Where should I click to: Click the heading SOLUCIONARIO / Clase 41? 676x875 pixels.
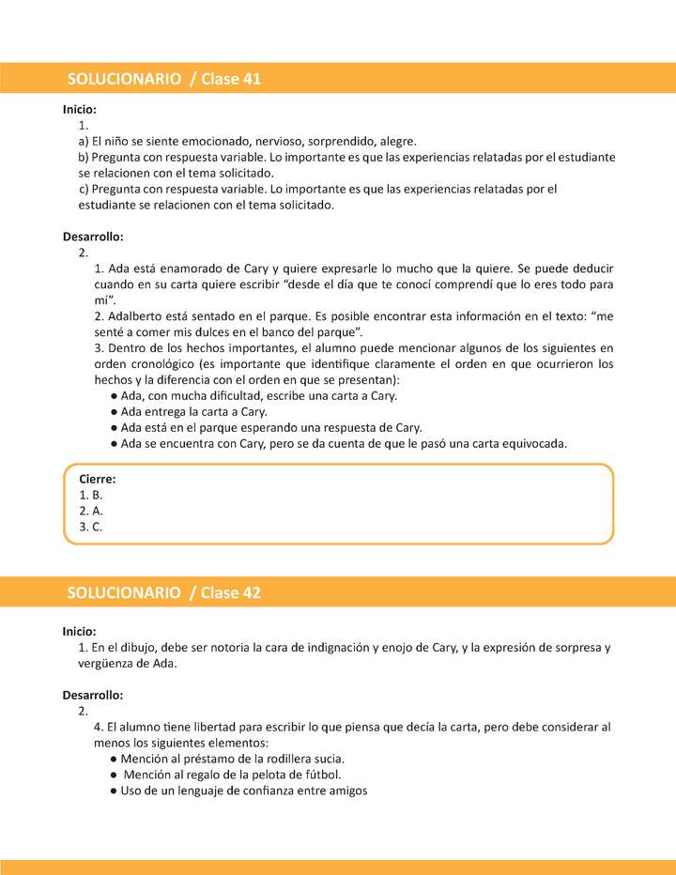pyautogui.click(x=163, y=79)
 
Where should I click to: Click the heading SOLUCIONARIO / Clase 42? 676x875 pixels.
pyautogui.click(x=163, y=592)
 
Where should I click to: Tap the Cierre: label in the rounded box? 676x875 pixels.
pyautogui.click(x=97, y=479)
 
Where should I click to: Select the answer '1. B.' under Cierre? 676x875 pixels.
pyautogui.click(x=91, y=495)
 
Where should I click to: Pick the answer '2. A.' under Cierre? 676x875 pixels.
pyautogui.click(x=91, y=511)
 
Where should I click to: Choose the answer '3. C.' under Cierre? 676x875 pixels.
pyautogui.click(x=91, y=527)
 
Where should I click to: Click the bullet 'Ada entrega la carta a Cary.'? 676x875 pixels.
pyautogui.click(x=193, y=411)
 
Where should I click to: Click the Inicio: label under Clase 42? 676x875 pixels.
pyautogui.click(x=80, y=632)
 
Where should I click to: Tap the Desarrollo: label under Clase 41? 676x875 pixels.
pyautogui.click(x=93, y=237)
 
